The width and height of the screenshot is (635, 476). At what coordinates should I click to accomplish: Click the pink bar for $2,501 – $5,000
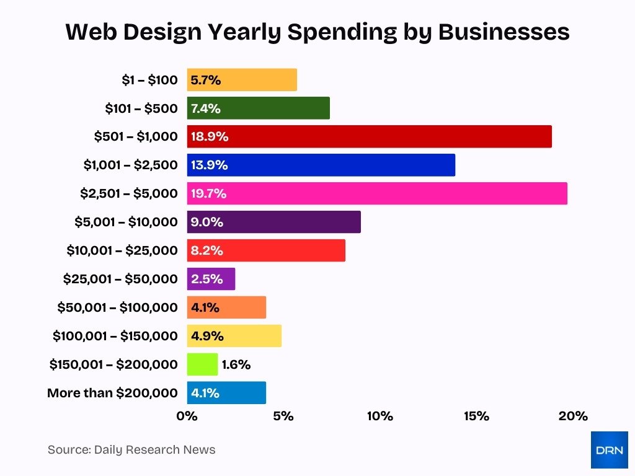(377, 193)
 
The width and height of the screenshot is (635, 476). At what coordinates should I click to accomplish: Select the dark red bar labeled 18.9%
(369, 136)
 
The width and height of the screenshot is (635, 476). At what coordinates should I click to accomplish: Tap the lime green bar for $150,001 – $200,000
(202, 364)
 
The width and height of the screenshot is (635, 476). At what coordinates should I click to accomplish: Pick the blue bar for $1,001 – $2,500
(321, 165)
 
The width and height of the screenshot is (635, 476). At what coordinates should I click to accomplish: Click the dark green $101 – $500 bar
(258, 108)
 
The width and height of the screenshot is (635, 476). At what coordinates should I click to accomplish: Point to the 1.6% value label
(236, 364)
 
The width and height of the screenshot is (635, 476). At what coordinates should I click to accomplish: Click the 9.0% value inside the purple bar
(207, 222)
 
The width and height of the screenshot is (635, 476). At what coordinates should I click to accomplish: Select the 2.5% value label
(206, 279)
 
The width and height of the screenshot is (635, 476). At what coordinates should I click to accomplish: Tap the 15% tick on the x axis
(476, 416)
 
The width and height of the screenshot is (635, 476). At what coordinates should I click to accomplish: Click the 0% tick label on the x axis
(187, 416)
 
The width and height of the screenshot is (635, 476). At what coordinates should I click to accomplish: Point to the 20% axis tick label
(572, 416)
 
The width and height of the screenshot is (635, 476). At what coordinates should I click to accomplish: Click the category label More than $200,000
(112, 393)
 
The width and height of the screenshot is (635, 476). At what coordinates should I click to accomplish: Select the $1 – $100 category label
(149, 80)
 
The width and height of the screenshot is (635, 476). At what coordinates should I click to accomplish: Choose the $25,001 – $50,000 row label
(120, 279)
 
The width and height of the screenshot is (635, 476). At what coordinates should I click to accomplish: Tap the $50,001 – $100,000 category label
(117, 307)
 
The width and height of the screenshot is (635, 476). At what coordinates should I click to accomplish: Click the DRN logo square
(609, 450)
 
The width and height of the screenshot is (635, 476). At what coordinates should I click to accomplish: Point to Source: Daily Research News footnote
(131, 450)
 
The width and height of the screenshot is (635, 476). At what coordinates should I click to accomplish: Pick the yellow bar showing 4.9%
(234, 336)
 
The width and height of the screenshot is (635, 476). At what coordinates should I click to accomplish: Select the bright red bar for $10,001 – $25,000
(265, 250)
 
